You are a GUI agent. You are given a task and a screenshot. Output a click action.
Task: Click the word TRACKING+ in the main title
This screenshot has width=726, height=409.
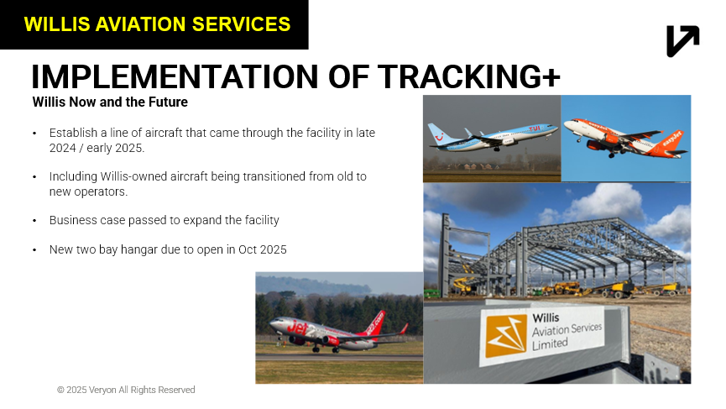[468, 76]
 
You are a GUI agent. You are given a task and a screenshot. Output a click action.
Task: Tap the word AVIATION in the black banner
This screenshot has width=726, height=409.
[140, 24]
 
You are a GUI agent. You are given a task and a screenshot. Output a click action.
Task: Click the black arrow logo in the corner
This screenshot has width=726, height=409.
[683, 41]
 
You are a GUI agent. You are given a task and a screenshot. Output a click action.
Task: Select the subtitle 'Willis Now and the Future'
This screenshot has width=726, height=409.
[110, 102]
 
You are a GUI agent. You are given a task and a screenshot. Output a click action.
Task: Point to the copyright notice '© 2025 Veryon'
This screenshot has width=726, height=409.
[86, 390]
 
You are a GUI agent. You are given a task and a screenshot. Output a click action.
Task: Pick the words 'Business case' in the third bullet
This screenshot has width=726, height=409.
[87, 220]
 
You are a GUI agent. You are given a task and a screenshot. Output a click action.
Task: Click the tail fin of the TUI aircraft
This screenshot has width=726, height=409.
[437, 133]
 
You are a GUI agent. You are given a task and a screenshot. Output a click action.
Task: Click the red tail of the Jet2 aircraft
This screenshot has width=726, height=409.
[374, 323]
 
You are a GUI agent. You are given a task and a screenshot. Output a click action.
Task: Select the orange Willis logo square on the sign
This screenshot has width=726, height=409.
[506, 336]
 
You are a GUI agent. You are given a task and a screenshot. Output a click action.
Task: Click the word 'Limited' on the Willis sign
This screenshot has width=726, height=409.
[550, 343]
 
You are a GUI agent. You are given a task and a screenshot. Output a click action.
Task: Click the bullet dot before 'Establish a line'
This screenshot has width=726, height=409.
[34, 134]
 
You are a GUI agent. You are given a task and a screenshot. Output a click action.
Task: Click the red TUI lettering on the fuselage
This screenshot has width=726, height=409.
[535, 128]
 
